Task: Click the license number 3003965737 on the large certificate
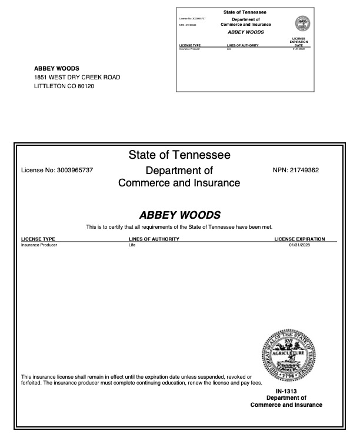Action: [x=75, y=171]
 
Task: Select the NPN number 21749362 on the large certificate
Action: [x=304, y=171]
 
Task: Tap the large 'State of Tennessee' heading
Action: [x=179, y=155]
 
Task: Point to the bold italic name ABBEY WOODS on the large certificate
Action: [x=179, y=215]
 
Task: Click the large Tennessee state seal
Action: [x=288, y=355]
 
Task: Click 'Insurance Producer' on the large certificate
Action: [x=39, y=245]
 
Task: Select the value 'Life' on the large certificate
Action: [x=132, y=245]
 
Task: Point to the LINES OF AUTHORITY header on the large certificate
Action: [x=154, y=239]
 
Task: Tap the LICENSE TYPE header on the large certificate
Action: [x=38, y=239]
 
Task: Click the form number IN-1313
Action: [x=286, y=391]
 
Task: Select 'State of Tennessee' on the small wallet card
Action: [x=245, y=12]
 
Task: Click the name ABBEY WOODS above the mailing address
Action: [x=56, y=69]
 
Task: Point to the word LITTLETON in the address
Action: [x=49, y=86]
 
